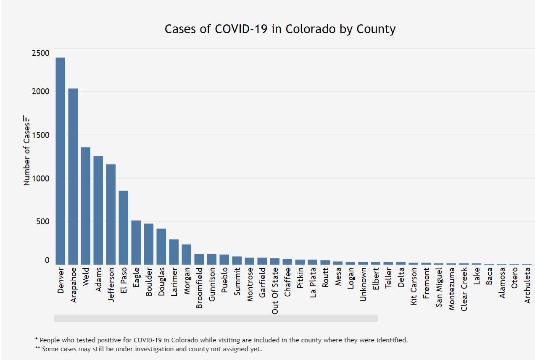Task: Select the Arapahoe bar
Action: click(73, 176)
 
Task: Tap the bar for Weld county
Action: click(86, 206)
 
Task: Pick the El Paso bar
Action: click(124, 227)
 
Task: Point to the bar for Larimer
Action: click(174, 252)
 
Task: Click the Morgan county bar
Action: click(187, 254)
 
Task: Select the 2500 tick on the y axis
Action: click(40, 53)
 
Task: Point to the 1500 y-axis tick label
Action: click(40, 135)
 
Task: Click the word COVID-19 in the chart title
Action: click(240, 29)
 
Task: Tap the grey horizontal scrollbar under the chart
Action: click(216, 318)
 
